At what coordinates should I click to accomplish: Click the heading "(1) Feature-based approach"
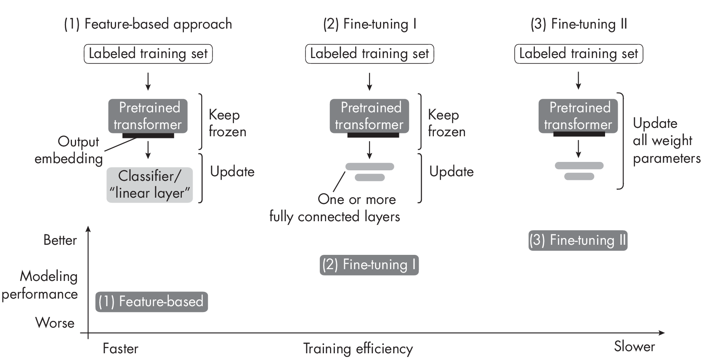click(148, 24)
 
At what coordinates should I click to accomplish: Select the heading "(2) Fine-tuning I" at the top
click(369, 24)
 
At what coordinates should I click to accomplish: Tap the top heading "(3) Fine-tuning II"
click(579, 24)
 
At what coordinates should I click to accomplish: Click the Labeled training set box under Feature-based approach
click(148, 54)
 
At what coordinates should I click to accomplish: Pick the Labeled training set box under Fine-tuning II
click(579, 54)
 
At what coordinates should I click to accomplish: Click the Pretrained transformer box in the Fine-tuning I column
click(369, 116)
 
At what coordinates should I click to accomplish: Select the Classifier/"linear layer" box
click(150, 185)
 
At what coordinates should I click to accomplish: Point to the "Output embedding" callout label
click(69, 150)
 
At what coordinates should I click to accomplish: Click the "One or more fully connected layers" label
click(335, 208)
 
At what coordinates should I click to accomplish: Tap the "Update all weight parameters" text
click(666, 140)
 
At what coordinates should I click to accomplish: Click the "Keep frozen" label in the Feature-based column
click(227, 123)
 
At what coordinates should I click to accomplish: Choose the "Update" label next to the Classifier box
click(232, 172)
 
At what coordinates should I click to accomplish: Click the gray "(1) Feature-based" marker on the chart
click(151, 302)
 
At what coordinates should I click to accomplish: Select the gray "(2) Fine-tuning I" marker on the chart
click(369, 265)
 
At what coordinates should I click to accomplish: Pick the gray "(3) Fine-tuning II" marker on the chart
click(578, 241)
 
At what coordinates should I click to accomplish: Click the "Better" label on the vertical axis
click(60, 240)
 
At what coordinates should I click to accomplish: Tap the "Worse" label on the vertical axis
click(55, 323)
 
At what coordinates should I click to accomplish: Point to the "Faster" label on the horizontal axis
click(120, 348)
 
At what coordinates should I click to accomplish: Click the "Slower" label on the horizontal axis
click(634, 347)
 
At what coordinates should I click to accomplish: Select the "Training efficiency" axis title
click(358, 349)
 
